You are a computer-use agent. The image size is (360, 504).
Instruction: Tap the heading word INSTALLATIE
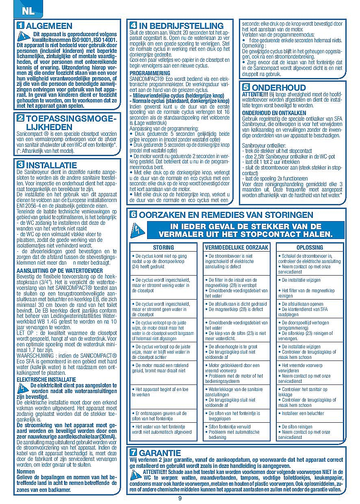coord(51,165)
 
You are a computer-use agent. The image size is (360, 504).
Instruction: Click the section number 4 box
coord(133,26)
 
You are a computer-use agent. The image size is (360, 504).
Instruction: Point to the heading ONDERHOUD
coord(279,87)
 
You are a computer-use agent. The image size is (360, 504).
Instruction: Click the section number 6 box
coord(133,215)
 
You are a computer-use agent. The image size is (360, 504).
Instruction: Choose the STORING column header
coord(163,247)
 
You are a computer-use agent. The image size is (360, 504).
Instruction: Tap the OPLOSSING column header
coord(310,247)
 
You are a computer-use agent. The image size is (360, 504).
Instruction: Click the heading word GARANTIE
coord(160,453)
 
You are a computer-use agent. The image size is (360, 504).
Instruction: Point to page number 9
coord(180,499)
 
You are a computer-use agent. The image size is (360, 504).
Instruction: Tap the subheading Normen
coord(25,471)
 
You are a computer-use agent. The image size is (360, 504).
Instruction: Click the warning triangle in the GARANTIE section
coord(136,474)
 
